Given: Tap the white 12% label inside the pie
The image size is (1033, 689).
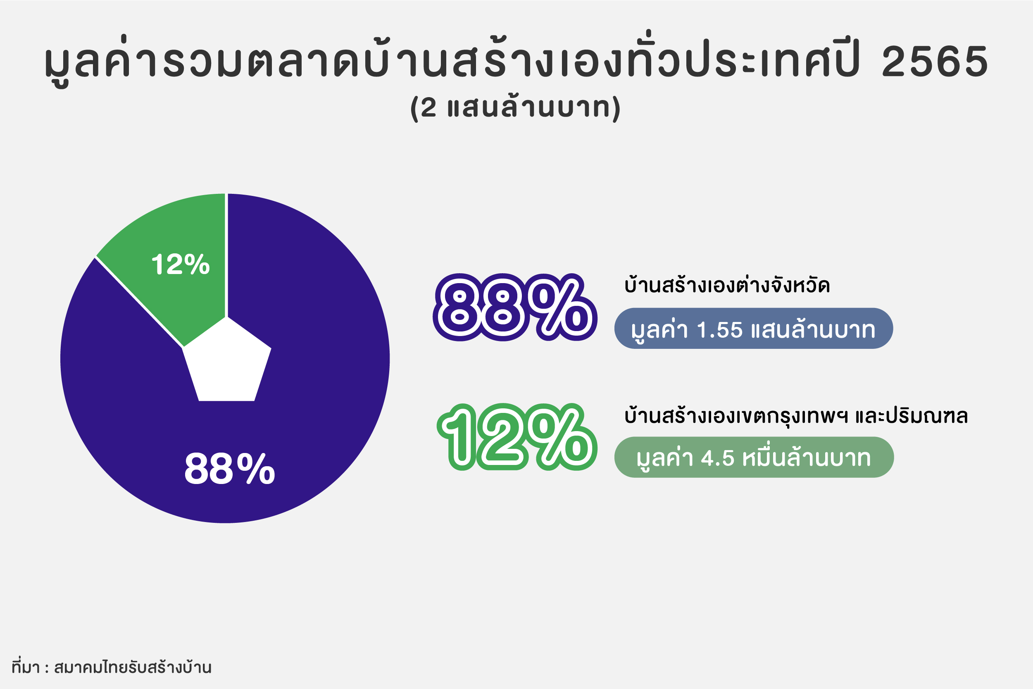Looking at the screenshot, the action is coord(181,265).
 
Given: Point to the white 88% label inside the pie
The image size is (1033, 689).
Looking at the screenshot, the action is coord(229,469).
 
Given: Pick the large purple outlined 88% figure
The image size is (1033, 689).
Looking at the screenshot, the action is coord(515,308).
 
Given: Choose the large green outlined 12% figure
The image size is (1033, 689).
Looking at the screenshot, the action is coord(517,437).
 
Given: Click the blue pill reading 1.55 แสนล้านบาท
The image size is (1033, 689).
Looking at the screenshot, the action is coord(754,328).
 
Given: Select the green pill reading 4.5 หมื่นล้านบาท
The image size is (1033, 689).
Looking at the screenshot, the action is coord(754,457).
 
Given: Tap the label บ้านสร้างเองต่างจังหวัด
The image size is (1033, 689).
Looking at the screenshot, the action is coord(727,285).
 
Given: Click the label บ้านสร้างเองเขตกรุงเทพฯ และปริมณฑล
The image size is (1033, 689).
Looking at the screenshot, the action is coord(796,415).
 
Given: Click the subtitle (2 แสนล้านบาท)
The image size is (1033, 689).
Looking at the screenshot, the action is coord(516,107).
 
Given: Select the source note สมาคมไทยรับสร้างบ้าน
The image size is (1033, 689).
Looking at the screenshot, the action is coord(133,667).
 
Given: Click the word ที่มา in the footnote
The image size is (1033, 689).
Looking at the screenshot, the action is coord(26,667).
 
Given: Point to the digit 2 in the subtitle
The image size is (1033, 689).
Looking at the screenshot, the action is coord(428,107).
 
